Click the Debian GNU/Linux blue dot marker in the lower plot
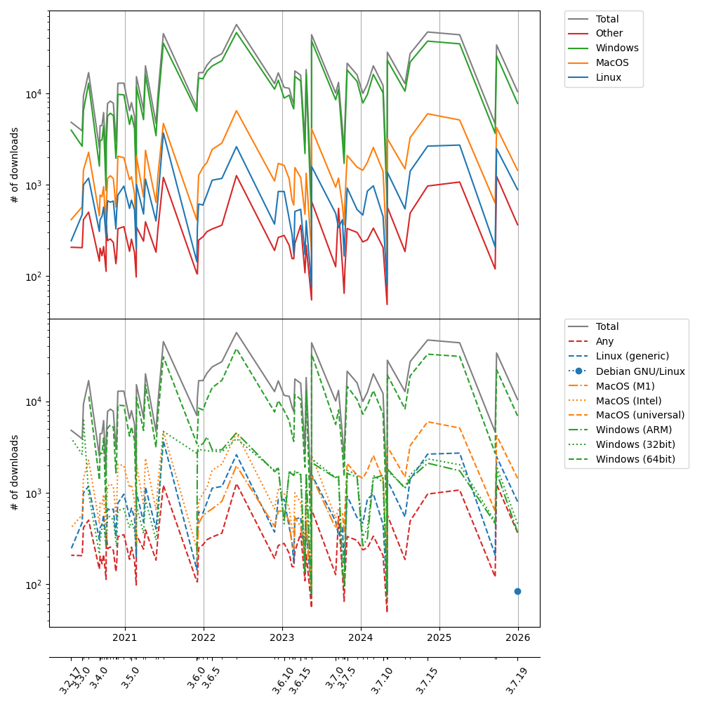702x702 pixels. [x=517, y=591]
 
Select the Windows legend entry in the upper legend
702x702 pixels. [x=616, y=48]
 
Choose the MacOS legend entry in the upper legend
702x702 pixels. [x=612, y=62]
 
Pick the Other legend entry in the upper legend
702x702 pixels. [x=609, y=33]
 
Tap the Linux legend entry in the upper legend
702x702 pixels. [x=608, y=77]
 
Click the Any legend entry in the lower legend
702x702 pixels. [x=605, y=341]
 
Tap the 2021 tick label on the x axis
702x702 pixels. [x=125, y=638]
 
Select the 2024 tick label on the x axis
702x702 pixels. [x=361, y=638]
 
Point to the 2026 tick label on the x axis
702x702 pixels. [x=518, y=638]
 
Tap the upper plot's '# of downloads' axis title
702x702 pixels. [x=15, y=165]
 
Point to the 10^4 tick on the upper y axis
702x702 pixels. [x=34, y=94]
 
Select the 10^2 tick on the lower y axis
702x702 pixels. [x=34, y=585]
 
